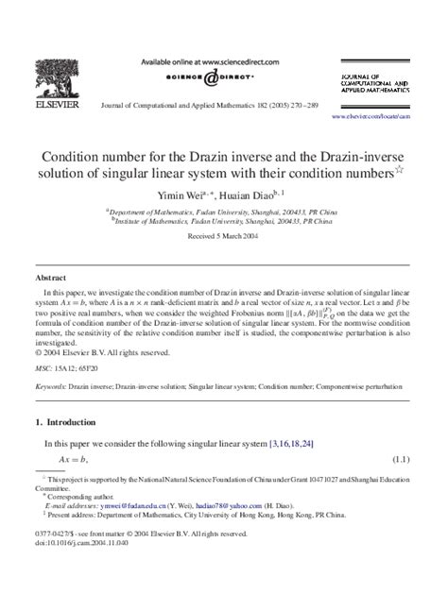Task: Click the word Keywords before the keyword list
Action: pyautogui.click(x=52, y=386)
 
